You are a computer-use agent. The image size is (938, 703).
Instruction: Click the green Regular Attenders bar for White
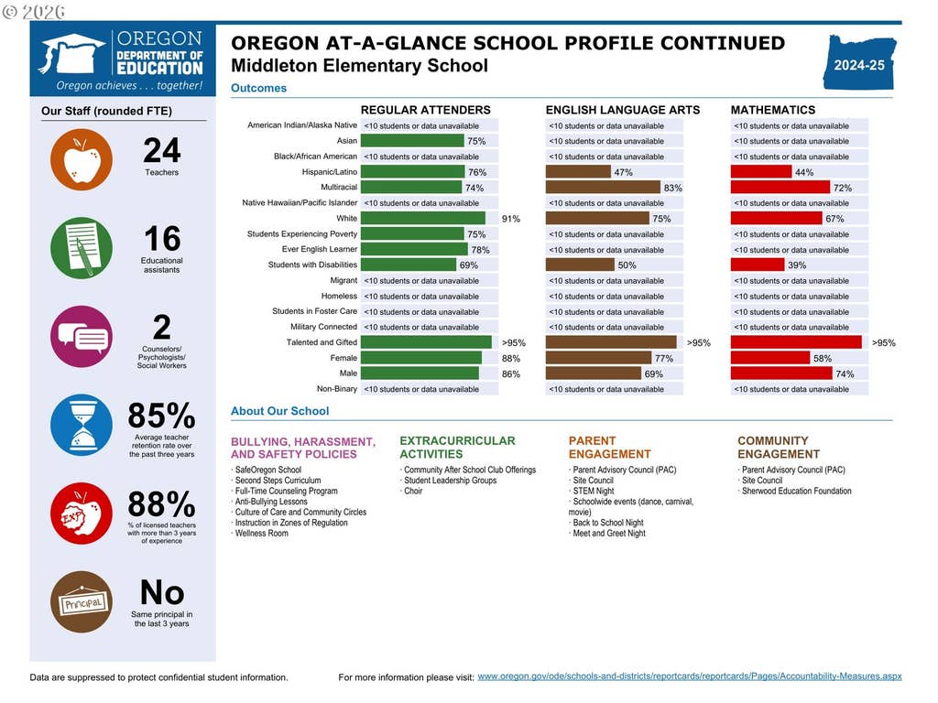coord(423,218)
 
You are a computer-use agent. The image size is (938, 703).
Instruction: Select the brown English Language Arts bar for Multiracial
coord(603,187)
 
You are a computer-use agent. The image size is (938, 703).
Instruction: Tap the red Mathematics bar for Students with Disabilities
coord(758,265)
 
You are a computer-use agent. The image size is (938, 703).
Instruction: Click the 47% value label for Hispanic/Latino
coord(623,172)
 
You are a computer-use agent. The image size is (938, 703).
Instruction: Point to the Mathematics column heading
coord(773,110)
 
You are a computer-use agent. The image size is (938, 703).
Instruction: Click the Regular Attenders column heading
coord(425,110)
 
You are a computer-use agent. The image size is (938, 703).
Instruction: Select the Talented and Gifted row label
coord(322,342)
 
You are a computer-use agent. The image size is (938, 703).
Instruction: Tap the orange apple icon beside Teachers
coord(82,159)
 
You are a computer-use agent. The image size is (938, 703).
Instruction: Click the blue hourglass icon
coord(82,425)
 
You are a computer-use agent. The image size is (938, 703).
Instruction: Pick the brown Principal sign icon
coord(82,602)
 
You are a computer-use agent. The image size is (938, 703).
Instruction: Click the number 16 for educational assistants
coord(162,239)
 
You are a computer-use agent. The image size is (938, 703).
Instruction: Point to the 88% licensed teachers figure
coord(161,504)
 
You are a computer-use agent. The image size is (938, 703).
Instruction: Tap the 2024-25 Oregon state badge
coord(860,62)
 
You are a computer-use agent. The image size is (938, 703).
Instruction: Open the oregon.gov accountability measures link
coord(689,676)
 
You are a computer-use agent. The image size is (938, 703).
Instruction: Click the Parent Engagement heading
coord(609,447)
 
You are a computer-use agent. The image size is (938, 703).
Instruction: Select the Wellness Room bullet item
coord(261,534)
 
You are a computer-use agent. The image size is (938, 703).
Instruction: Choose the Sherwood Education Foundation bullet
coord(796,491)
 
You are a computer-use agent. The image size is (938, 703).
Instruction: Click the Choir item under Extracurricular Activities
coord(413,491)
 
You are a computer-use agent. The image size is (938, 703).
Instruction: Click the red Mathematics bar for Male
coord(781,373)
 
